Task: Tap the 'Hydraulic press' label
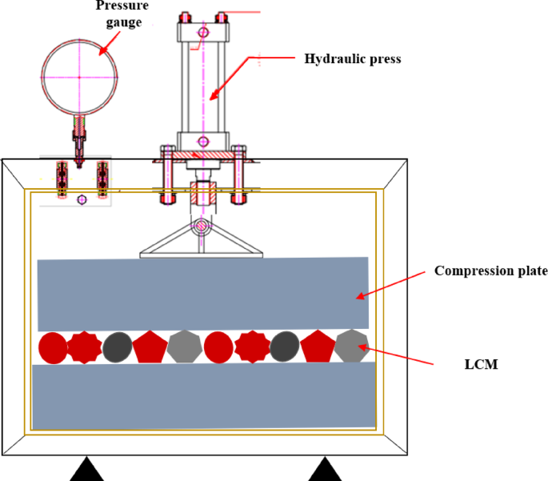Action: tap(352, 59)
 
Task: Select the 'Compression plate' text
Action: tap(490, 271)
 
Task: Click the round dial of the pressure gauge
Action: tap(79, 76)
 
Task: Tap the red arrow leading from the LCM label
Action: tap(397, 356)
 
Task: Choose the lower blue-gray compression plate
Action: tap(203, 395)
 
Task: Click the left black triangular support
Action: tap(86, 470)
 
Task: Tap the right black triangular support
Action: tap(325, 470)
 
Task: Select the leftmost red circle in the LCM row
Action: tap(54, 347)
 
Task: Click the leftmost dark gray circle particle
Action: tap(118, 347)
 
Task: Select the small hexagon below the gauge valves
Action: tap(81, 199)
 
